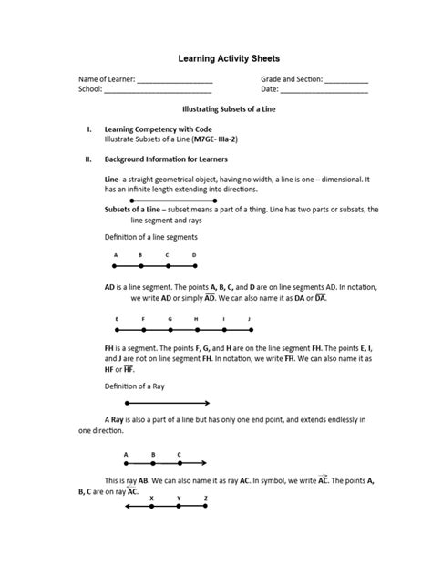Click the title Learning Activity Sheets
click(216, 57)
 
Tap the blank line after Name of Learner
click(174, 82)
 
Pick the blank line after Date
click(324, 92)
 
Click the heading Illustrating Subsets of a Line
click(216, 109)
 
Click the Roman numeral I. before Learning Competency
click(88, 130)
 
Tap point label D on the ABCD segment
click(194, 255)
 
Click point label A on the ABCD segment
click(115, 255)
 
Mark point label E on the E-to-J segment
click(117, 318)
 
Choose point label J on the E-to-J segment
click(250, 318)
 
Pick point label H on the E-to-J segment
click(196, 318)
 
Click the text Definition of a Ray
click(135, 386)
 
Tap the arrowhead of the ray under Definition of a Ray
click(208, 403)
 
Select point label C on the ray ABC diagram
click(179, 454)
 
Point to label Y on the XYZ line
click(179, 499)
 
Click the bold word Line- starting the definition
click(114, 180)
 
